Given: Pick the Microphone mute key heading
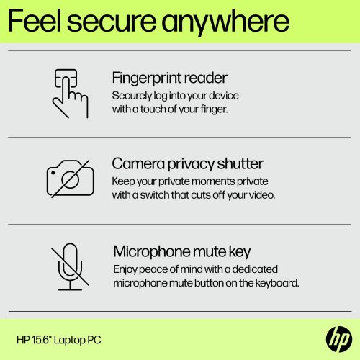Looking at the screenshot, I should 181,252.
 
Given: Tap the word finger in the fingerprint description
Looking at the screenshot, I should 208,110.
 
